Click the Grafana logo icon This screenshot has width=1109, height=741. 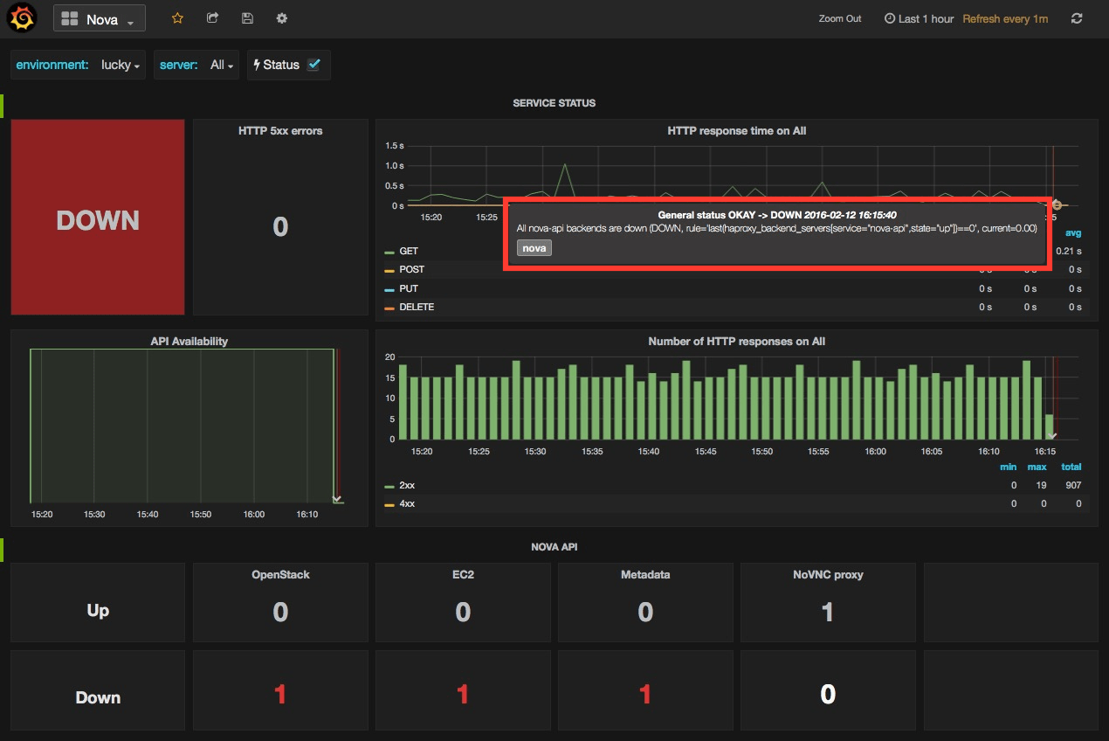tap(22, 18)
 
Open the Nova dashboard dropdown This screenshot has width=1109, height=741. tap(99, 19)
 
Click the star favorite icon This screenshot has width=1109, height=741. tap(177, 18)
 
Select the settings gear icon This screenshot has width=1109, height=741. tap(281, 18)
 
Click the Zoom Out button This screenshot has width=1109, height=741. tap(840, 19)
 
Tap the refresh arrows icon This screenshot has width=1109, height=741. tap(1077, 18)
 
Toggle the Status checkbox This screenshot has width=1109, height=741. tap(314, 65)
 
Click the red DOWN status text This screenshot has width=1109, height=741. tap(98, 220)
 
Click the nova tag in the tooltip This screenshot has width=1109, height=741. tap(534, 248)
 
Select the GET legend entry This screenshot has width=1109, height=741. tap(408, 252)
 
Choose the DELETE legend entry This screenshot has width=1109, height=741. tap(416, 308)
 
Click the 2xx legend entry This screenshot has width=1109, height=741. tap(407, 485)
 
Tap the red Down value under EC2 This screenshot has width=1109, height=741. tap(463, 695)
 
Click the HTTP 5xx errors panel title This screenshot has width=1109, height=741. tap(280, 131)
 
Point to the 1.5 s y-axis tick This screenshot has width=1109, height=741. tap(394, 145)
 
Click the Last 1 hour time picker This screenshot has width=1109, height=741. tap(919, 19)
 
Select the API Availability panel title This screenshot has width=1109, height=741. tap(189, 342)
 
